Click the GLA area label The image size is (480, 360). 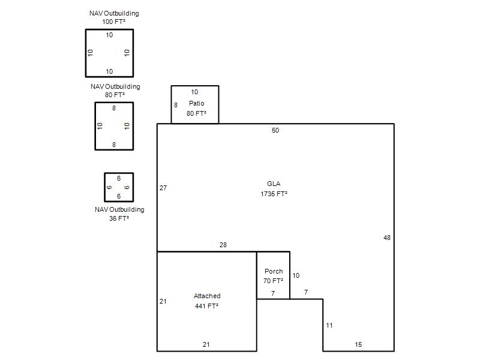274,184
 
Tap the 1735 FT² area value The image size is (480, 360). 274,194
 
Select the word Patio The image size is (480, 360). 197,103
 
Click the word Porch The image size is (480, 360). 274,271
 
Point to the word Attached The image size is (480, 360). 207,296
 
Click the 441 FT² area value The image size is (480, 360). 206,306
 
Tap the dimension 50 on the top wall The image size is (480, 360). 275,130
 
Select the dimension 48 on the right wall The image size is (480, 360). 387,238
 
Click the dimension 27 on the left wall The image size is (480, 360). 163,188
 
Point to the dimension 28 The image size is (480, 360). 223,245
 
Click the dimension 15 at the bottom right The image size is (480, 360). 358,344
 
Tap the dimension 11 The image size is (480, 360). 329,325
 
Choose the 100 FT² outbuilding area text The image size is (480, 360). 113,22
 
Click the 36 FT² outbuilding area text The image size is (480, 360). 119,218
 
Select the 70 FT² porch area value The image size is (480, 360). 274,281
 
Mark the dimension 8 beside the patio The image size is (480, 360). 176,105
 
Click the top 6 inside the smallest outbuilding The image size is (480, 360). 119,178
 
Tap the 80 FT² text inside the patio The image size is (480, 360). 197,113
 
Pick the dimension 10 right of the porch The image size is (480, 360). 296,275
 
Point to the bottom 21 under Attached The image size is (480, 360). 206,344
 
